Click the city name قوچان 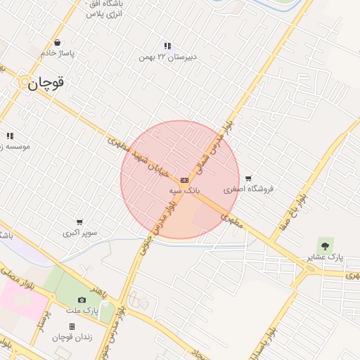click(x=46, y=82)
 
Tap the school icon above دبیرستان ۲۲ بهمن click(x=167, y=46)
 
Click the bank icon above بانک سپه click(x=184, y=181)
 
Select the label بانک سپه click(x=185, y=191)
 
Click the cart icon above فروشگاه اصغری click(x=248, y=178)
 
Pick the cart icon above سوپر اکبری click(x=79, y=221)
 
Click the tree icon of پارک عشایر click(x=325, y=245)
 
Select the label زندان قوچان click(x=72, y=337)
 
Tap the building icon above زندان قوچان click(x=72, y=327)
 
